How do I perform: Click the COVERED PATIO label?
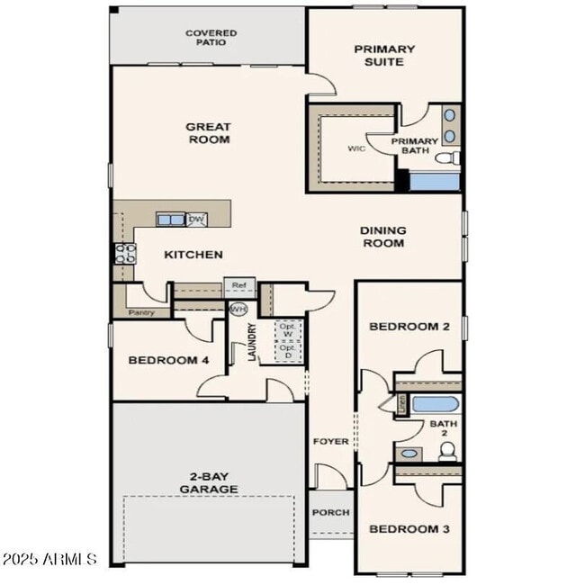pos(211,38)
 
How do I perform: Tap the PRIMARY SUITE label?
pos(384,56)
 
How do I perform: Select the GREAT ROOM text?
pos(208,133)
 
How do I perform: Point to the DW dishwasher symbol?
pos(196,219)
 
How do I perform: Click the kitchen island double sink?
pos(170,219)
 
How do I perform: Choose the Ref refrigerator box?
pos(239,286)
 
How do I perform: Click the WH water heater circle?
pos(238,309)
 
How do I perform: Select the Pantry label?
pos(141,313)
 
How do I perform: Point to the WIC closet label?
pos(355,149)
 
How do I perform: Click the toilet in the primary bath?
pos(447,158)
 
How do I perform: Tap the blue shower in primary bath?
pos(435,181)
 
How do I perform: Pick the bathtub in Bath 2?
pos(436,404)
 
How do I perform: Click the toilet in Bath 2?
pos(447,452)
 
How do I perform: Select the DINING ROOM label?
pos(382,237)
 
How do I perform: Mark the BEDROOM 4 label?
pos(168,360)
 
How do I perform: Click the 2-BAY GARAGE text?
pos(208,482)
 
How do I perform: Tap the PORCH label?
pos(330,512)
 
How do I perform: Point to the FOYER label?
pos(330,441)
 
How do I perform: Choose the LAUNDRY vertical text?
pos(252,342)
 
